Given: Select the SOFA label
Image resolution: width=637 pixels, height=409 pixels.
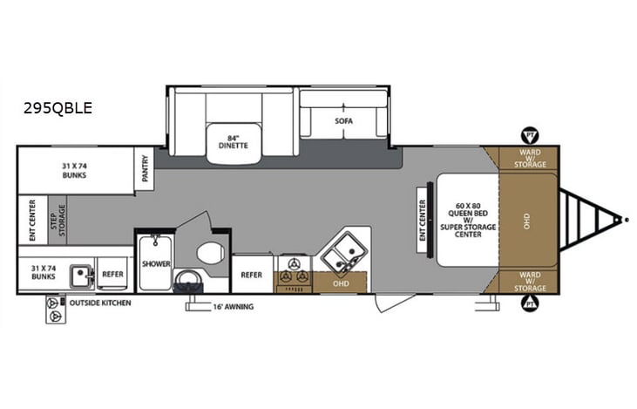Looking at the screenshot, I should (343, 120).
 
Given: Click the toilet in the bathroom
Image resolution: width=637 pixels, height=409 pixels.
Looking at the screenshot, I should (210, 254).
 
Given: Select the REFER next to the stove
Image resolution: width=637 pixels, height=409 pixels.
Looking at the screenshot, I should (251, 275).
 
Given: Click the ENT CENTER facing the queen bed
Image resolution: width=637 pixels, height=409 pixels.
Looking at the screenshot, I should (423, 220).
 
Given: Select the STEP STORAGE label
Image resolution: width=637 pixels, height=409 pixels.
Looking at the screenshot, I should (61, 219).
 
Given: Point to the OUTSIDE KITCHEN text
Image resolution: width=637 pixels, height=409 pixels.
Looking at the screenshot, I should (101, 303).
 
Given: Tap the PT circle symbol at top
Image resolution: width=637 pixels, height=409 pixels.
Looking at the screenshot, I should (528, 135).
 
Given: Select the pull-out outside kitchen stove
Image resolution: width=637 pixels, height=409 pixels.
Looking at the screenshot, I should (57, 309).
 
